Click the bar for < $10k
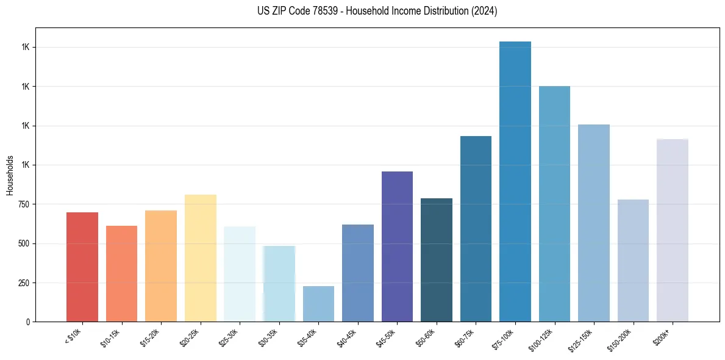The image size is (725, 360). pos(82,267)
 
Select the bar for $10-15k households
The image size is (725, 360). pos(121,273)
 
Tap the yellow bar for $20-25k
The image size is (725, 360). pos(200,258)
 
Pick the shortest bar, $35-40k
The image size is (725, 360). pos(318,304)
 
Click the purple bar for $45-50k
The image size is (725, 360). pos(397,247)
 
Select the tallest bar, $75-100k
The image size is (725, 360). pos(515,181)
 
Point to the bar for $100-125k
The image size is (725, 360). pos(554,204)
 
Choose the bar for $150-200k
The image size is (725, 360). pos(633,261)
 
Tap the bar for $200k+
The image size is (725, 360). pos(672,230)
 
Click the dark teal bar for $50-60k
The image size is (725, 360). pos(437,260)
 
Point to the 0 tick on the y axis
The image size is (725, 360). pos(28,322)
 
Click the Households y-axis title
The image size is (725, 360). pos(10,175)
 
